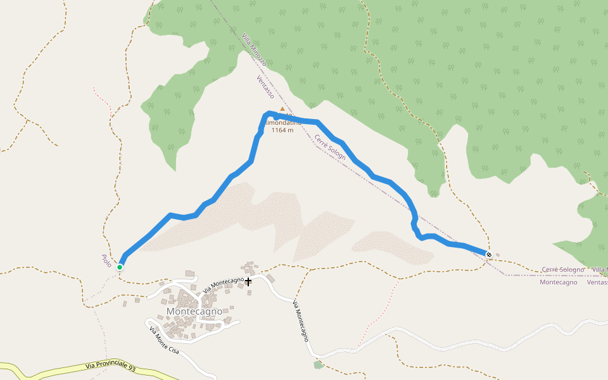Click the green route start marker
[120, 267]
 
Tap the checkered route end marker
[489, 254]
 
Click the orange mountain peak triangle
[282, 109]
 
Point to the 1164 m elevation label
[282, 130]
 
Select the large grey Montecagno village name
[194, 312]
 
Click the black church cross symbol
[248, 281]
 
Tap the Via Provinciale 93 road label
[110, 367]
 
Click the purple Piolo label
[106, 260]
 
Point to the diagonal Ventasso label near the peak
[265, 87]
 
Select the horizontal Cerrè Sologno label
[563, 270]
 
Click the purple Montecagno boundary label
[558, 282]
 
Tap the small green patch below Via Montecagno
[318, 364]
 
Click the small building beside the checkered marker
[497, 256]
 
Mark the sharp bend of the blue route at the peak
[269, 114]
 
